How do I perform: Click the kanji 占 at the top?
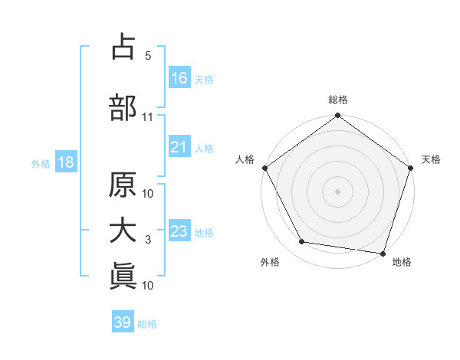coord(123,47)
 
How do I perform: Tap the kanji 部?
coord(123,107)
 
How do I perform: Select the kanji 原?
coord(123,185)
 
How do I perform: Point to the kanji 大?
coord(123,231)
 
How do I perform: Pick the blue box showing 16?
coord(179,78)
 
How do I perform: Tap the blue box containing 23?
coord(179,232)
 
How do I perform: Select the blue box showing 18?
coord(65,163)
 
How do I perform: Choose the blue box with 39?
coord(123,322)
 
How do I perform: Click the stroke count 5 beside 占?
coord(147,56)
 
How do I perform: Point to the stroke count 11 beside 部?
coord(147,117)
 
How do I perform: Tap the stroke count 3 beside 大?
coord(147,241)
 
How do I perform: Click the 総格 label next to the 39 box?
coord(148,324)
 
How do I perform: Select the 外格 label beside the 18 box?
coord(41,164)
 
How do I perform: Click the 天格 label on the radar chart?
coord(431,159)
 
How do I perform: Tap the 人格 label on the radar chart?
coord(245,159)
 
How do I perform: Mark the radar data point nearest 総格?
coord(337,116)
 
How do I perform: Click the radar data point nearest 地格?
coord(383,253)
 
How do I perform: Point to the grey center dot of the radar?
coord(337,191)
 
